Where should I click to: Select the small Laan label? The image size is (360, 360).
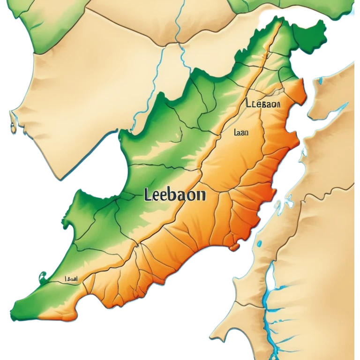240,133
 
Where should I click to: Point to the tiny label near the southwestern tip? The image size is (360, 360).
71,278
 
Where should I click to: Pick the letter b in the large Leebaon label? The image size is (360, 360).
172,195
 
